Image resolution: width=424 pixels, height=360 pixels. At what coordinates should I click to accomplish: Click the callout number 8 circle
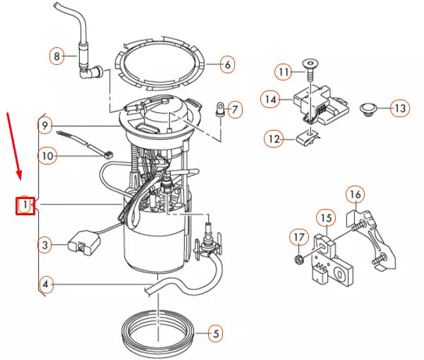tap(57, 55)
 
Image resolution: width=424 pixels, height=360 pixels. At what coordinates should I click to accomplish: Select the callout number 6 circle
tap(226, 66)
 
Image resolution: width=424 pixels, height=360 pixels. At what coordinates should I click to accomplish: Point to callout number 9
tap(44, 126)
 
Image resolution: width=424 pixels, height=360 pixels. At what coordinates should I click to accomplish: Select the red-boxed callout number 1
tap(25, 205)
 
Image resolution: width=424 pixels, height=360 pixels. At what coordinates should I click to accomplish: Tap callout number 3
tap(44, 245)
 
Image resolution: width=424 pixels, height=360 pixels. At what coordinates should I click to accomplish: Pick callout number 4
tap(45, 285)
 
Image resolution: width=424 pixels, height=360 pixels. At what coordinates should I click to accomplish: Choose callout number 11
tap(283, 73)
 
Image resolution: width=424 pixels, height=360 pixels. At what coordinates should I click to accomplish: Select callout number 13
tap(400, 109)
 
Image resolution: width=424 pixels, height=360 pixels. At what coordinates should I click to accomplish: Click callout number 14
tap(269, 100)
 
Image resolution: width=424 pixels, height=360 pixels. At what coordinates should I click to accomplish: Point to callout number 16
tap(354, 193)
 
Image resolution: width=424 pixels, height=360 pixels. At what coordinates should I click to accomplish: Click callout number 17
tap(298, 237)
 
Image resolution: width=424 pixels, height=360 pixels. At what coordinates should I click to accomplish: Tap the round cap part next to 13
tap(368, 109)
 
